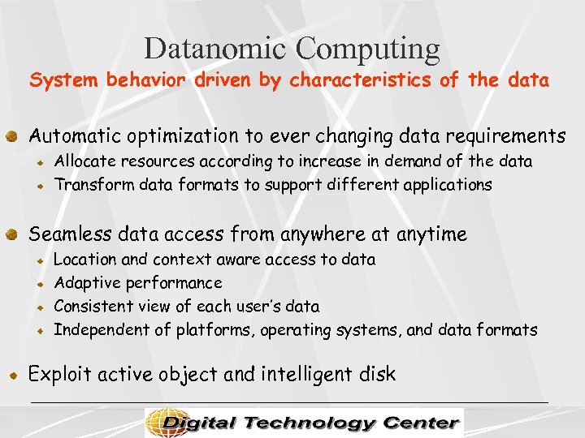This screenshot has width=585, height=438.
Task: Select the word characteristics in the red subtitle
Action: (x=362, y=81)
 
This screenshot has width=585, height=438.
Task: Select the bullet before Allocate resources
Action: (x=38, y=162)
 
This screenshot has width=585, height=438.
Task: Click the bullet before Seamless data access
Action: (x=11, y=235)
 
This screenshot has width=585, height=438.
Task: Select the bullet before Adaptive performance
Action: (x=38, y=285)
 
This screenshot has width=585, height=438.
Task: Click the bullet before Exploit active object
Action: (x=11, y=376)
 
